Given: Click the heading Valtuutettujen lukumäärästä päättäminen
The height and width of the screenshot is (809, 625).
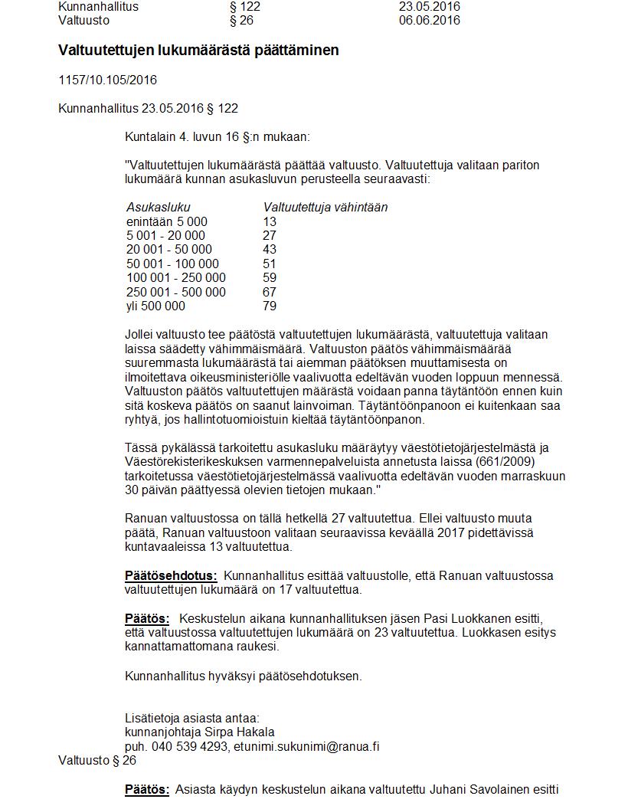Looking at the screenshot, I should (198, 51).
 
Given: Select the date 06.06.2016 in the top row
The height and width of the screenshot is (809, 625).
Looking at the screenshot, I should (429, 21).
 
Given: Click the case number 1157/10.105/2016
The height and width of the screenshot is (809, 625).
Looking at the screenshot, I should (107, 80).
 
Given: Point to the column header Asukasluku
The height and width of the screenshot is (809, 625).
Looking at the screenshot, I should (158, 207).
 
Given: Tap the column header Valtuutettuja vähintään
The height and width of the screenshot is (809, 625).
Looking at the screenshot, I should (326, 207).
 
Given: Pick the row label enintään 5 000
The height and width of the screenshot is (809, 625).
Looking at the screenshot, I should (166, 221).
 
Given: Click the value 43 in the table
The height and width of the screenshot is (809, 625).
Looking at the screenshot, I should (269, 250).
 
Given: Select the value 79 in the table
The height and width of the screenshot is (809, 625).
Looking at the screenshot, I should (269, 306).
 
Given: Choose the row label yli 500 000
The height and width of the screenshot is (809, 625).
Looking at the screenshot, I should (155, 306).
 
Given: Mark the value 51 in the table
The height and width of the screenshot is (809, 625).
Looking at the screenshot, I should (269, 264).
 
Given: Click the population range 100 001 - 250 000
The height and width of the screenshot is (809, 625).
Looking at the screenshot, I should (176, 278).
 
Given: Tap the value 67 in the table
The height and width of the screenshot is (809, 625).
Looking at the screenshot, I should (269, 293).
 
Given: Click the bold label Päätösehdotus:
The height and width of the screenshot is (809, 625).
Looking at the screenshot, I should (171, 576).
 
